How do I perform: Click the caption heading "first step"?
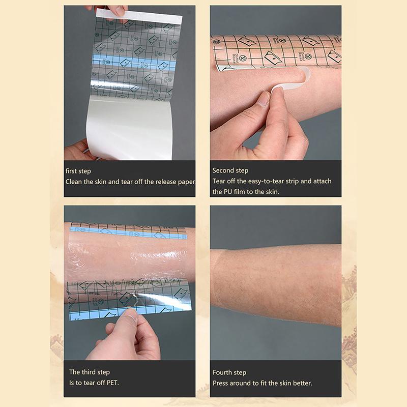tap(78, 171)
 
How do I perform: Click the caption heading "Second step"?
tap(230, 171)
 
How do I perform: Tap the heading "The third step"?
tap(90, 372)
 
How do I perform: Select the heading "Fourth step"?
tap(229, 372)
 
